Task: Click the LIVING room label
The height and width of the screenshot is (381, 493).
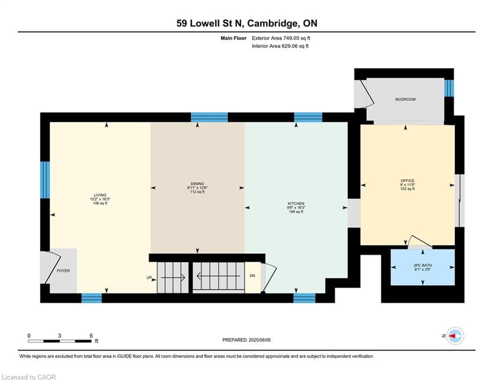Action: coord(100,195)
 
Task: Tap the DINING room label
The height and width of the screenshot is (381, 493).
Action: coord(197,184)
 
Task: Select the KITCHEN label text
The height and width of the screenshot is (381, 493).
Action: coord(296,203)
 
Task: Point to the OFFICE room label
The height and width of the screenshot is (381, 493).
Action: coord(407,181)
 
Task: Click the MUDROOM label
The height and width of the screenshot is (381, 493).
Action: coord(405,99)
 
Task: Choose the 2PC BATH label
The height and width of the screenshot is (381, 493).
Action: coord(423,265)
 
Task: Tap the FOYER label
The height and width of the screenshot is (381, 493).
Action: coord(63,271)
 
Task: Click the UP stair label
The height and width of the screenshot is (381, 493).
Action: coord(149,278)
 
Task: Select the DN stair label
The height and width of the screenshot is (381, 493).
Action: coord(252,276)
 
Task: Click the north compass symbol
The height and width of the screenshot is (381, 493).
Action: coord(455,336)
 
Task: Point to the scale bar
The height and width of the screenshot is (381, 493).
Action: coord(59,341)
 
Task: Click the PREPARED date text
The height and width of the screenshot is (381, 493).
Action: coord(247,340)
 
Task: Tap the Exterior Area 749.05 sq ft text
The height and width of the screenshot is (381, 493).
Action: coord(281,38)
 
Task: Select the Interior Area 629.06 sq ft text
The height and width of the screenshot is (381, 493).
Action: coord(280,46)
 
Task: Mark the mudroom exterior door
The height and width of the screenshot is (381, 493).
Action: coord(365,94)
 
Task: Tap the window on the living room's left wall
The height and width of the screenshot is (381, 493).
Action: coord(45,180)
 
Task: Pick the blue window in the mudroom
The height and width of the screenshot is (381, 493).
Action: coord(449,88)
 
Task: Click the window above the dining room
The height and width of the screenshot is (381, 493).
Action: coord(210,118)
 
